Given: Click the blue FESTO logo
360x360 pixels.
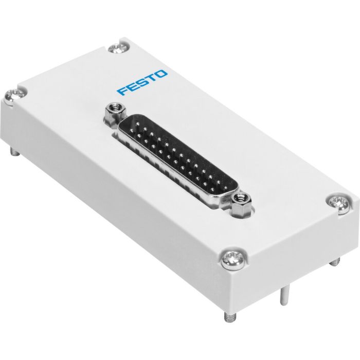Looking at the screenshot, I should coord(142,83).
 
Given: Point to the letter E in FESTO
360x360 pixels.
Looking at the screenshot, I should coord(133,87).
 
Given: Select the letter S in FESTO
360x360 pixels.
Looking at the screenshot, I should coord(142,83).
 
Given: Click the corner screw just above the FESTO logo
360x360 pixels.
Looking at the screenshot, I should coord(117,48).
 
